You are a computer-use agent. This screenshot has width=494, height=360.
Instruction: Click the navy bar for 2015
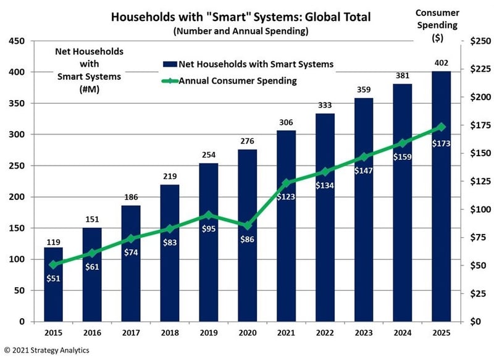click(x=54, y=284)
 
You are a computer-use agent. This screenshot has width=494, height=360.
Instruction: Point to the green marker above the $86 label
click(x=247, y=225)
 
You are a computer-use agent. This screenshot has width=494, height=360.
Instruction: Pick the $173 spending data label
click(x=440, y=143)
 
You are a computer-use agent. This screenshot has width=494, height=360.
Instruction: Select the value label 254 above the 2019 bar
click(x=208, y=154)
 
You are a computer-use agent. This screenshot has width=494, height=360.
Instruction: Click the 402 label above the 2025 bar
click(x=440, y=62)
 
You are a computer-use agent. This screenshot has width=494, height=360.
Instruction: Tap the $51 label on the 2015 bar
click(x=54, y=278)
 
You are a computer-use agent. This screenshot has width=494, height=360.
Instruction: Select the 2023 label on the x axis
click(x=363, y=333)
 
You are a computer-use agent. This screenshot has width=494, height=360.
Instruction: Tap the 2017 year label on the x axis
click(x=131, y=333)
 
